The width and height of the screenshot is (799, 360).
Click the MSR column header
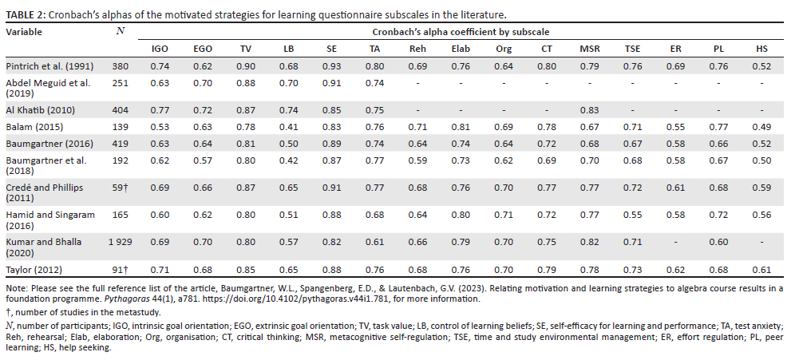pyautogui.click(x=589, y=49)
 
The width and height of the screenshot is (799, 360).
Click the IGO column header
pyautogui.click(x=160, y=49)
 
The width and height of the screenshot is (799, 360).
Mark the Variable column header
pyautogui.click(x=25, y=33)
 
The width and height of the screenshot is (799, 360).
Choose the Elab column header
pyautogui.click(x=460, y=49)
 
